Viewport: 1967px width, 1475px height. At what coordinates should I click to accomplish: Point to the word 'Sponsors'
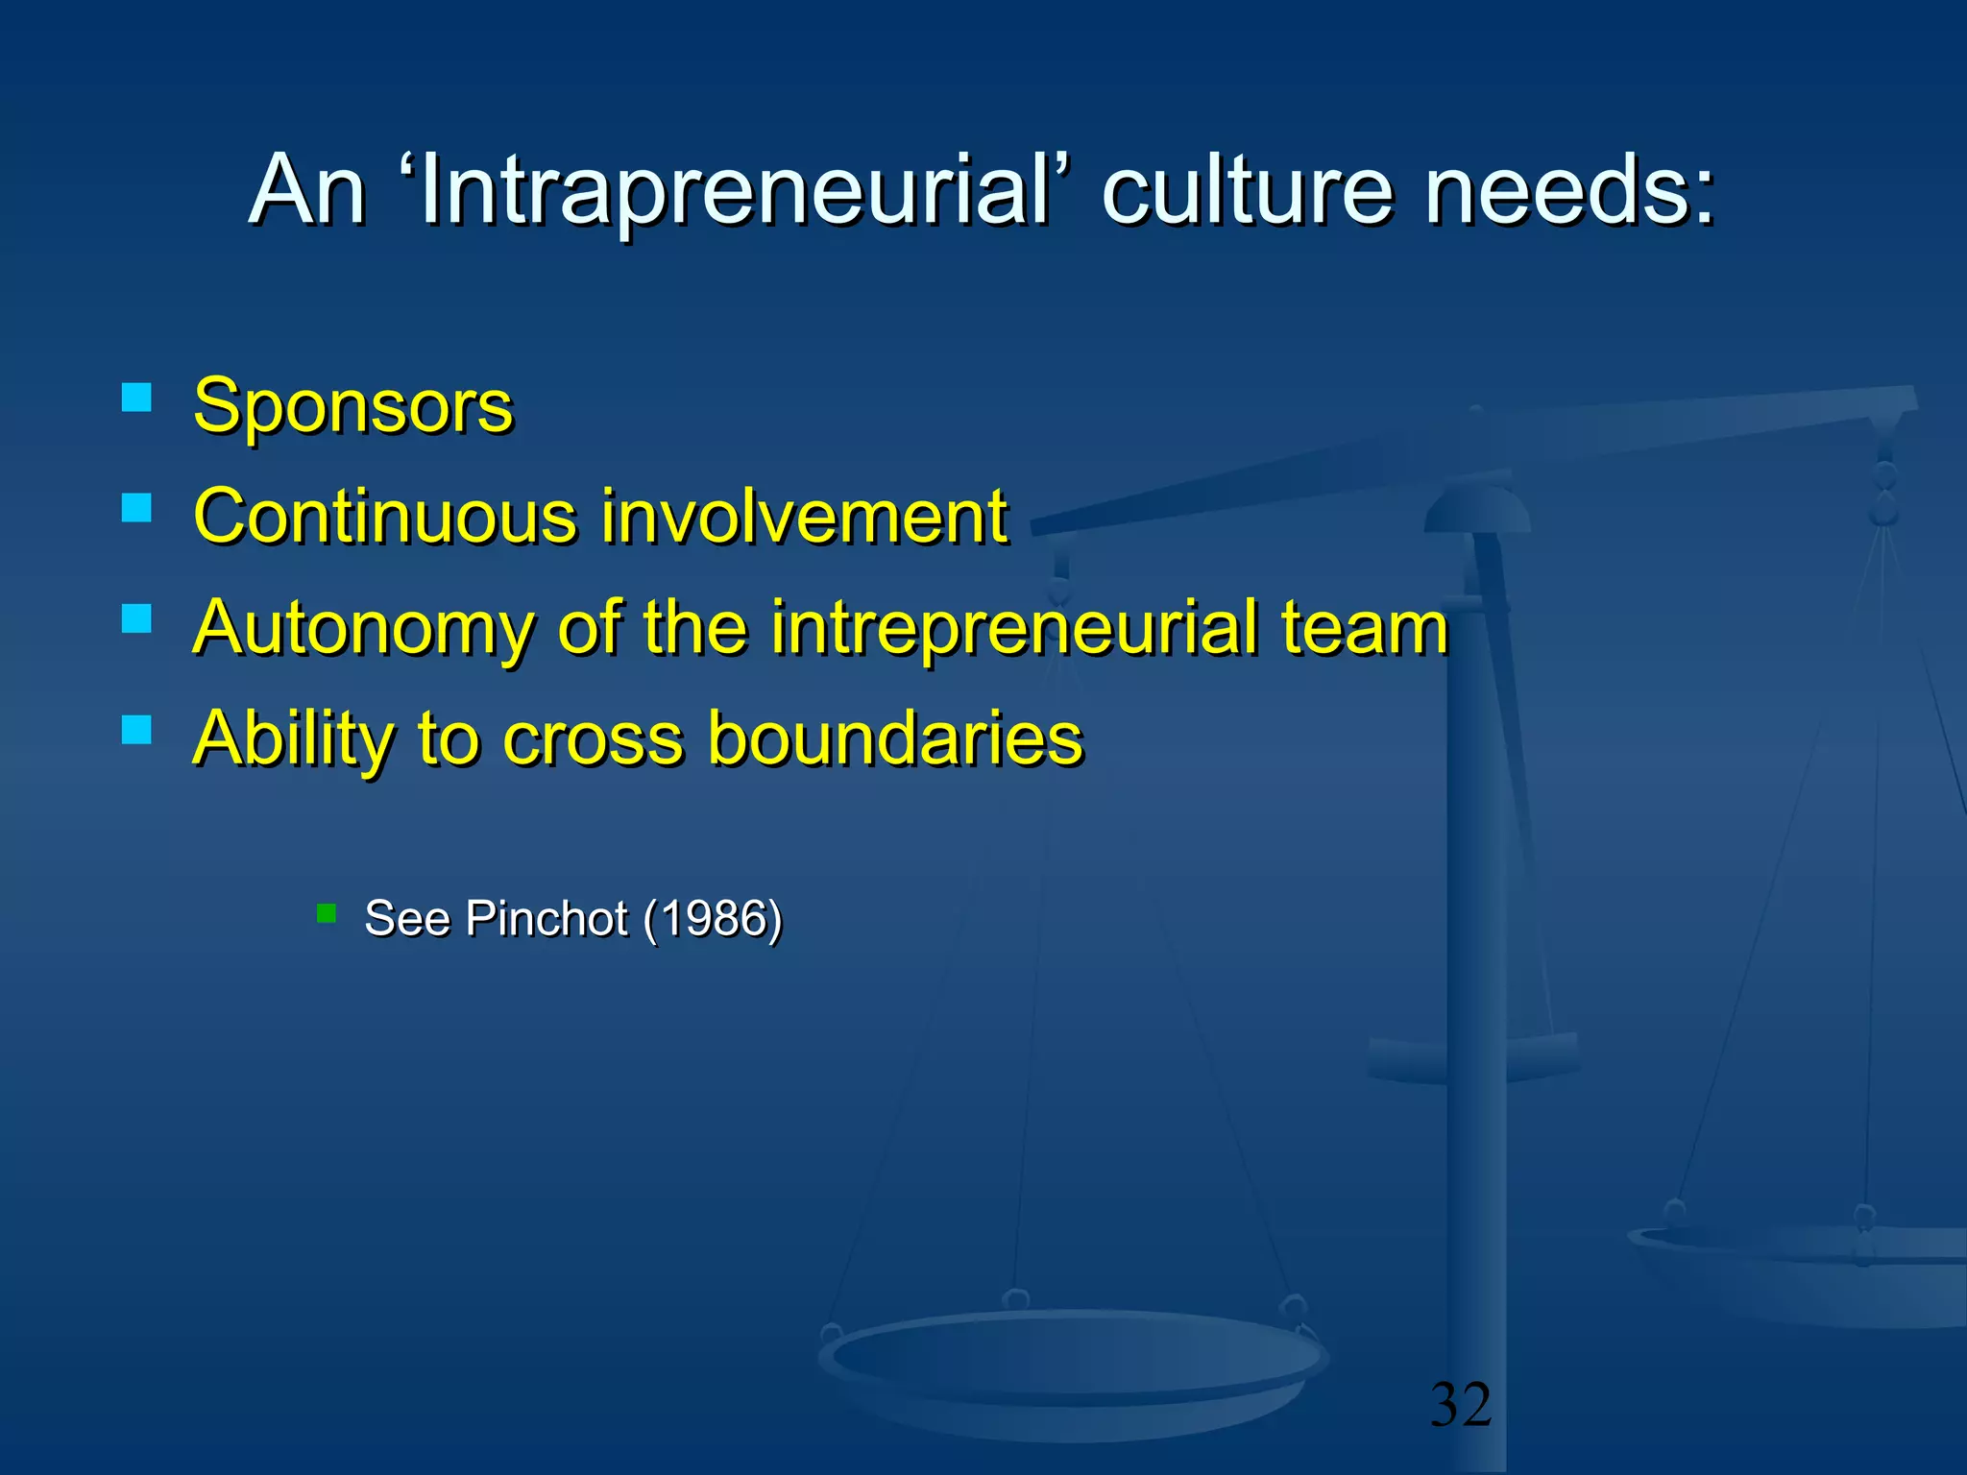[352, 406]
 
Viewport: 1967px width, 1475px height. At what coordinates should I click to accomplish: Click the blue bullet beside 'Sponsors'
[137, 398]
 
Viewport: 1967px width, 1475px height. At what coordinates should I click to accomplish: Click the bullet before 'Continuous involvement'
[137, 508]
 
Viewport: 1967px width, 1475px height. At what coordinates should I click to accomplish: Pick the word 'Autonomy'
[363, 628]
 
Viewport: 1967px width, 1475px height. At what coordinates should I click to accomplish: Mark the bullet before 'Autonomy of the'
[137, 618]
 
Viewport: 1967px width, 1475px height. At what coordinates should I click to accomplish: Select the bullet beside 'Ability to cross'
[137, 730]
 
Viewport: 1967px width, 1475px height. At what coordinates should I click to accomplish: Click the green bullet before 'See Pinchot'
[327, 913]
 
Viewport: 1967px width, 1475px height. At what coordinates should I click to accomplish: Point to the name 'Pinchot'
[546, 918]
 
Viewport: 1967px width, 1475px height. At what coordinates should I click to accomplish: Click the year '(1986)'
[713, 918]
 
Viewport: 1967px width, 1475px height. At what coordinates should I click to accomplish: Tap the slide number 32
[1461, 1404]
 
